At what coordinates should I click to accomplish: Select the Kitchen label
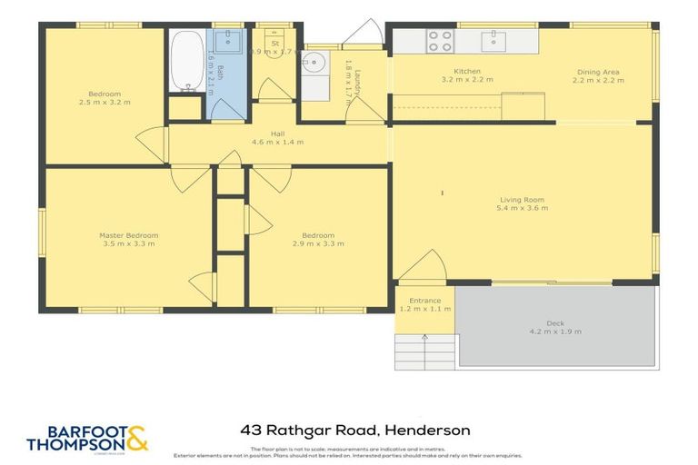(467, 71)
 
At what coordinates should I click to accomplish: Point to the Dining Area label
(598, 71)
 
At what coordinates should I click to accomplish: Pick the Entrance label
(424, 301)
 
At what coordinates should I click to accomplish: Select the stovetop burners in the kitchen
(440, 40)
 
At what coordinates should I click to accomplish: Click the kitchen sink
(494, 40)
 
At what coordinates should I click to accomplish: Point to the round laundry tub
(313, 63)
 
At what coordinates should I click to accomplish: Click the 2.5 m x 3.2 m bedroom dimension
(105, 102)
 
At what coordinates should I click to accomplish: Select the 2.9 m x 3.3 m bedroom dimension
(318, 243)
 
